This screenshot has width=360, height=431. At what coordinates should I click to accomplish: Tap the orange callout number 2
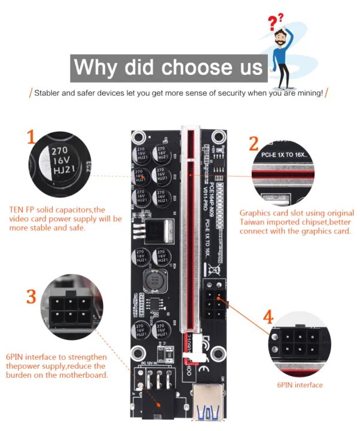254,144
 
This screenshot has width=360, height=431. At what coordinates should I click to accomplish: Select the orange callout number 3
31,296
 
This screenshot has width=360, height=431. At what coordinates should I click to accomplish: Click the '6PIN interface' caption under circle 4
300,385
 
